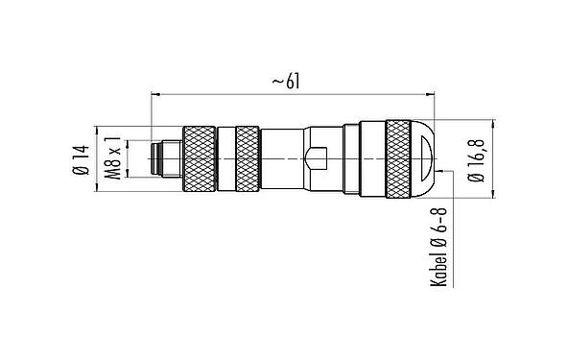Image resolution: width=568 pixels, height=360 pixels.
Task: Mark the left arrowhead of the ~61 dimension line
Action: click(156, 95)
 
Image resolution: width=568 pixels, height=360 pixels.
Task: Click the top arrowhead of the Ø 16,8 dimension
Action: click(491, 123)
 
